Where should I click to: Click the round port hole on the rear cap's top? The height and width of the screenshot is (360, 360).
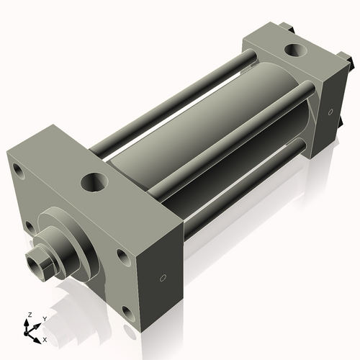tap(295, 51)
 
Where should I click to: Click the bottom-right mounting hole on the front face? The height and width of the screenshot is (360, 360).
tap(127, 312)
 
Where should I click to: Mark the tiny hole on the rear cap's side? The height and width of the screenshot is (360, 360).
tap(329, 112)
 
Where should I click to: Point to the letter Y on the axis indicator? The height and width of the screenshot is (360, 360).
tap(45, 318)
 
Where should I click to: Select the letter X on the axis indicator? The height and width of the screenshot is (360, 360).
tap(45, 338)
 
